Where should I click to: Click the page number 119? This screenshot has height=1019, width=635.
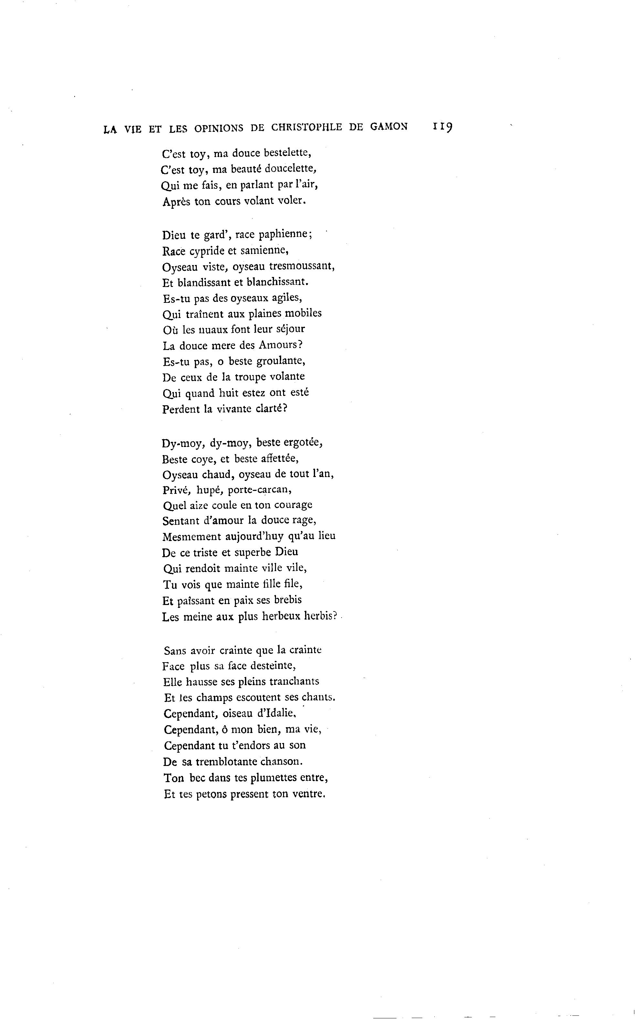point(441,127)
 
